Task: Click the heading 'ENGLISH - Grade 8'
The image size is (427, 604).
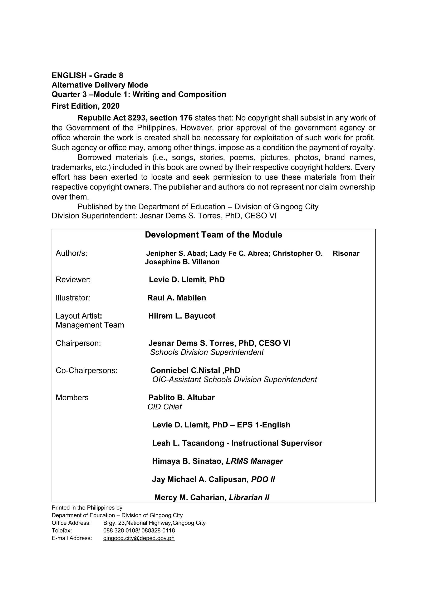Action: click(87, 75)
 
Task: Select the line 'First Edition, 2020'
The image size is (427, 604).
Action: click(85, 106)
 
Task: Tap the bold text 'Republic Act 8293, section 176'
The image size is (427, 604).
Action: click(135, 118)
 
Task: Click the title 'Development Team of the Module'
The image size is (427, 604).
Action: click(213, 235)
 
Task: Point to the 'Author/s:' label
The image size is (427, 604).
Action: click(72, 253)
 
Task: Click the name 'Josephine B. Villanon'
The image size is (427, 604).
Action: click(182, 262)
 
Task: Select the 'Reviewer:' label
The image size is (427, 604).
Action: click(73, 280)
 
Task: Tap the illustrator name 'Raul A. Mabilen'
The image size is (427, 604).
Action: click(177, 298)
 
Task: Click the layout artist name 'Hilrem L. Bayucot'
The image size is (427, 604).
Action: click(182, 316)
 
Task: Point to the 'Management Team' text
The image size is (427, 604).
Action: click(90, 325)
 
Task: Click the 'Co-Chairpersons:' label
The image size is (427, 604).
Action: click(87, 371)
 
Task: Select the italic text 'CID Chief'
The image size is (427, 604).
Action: click(165, 407)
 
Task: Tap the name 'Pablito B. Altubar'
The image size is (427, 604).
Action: click(182, 398)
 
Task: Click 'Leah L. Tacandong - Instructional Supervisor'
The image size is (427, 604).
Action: click(237, 443)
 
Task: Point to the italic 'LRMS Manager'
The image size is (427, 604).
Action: click(254, 461)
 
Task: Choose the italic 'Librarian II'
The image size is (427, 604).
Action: click(249, 497)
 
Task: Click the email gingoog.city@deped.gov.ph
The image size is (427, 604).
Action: click(139, 538)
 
